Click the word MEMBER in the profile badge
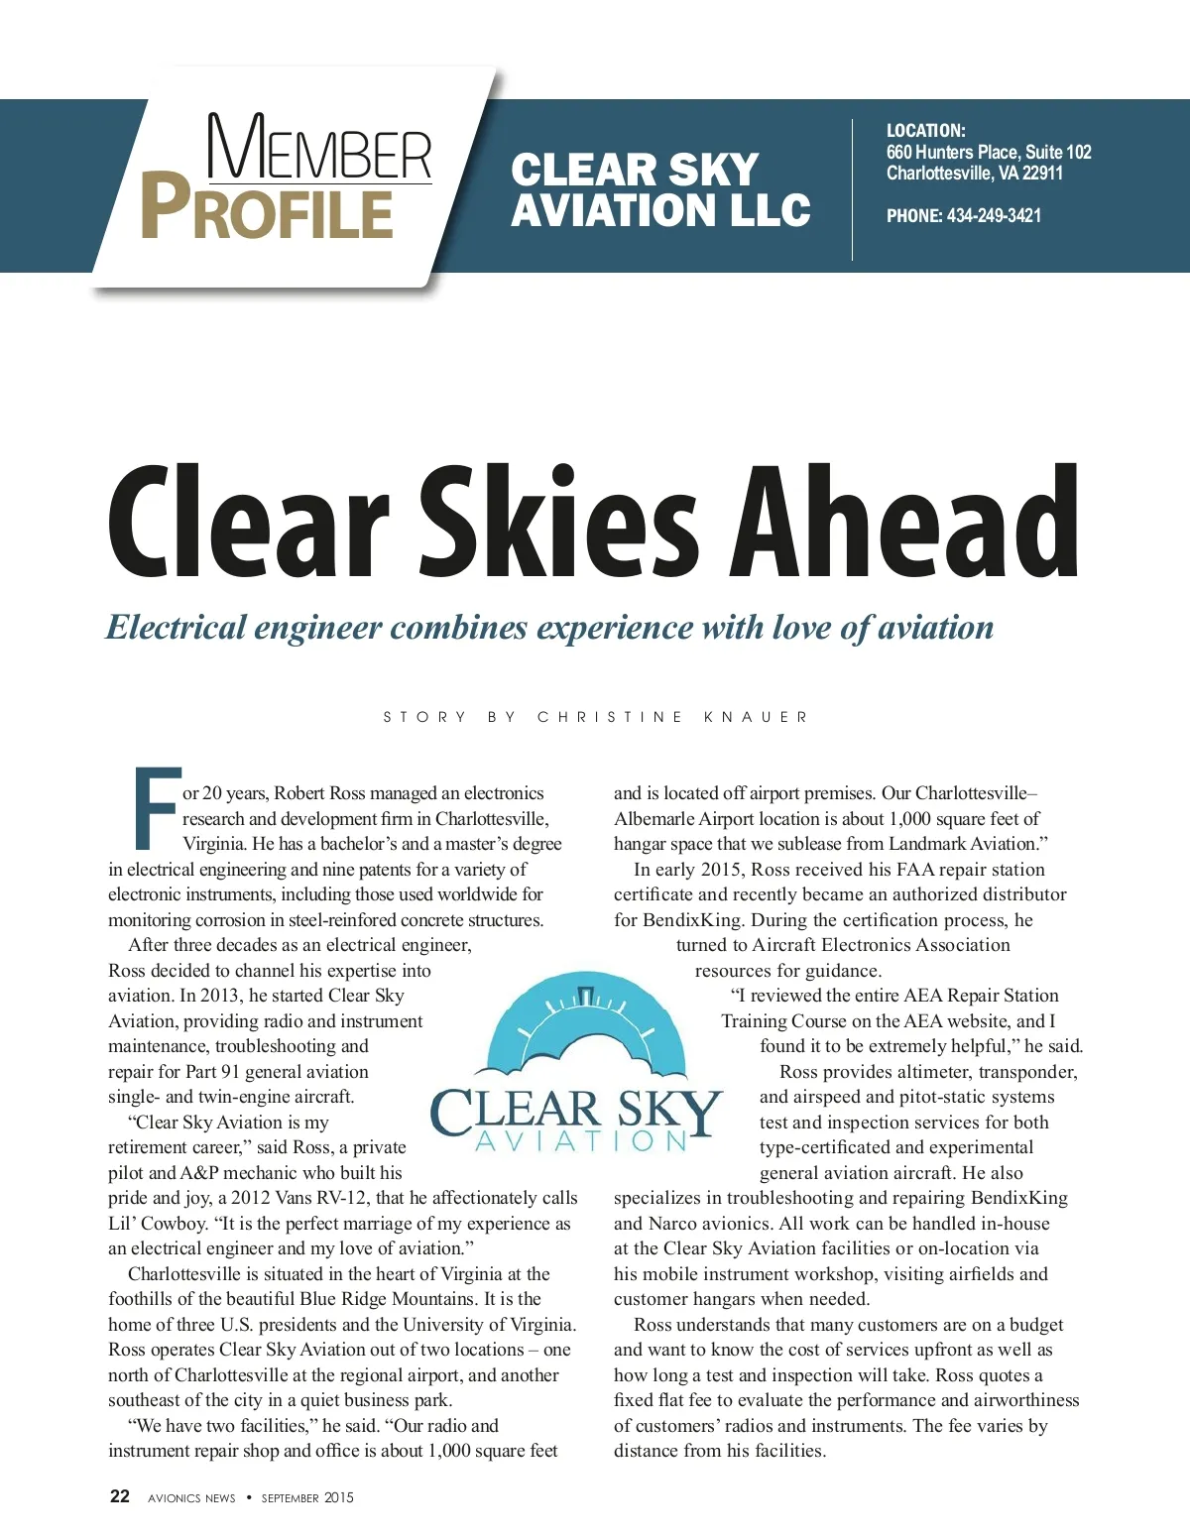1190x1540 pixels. click(x=319, y=148)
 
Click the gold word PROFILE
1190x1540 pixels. click(x=268, y=207)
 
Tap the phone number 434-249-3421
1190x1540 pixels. click(x=994, y=216)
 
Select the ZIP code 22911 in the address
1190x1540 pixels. click(x=1042, y=174)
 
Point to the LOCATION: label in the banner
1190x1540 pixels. click(x=925, y=131)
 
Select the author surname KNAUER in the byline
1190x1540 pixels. click(x=756, y=717)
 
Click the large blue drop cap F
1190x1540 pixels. click(x=156, y=808)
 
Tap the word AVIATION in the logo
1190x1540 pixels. click(x=581, y=1141)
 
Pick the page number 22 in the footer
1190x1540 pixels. click(x=120, y=1496)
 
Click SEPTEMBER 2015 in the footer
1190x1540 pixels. click(x=307, y=1498)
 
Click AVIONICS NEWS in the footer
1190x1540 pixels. click(x=191, y=1498)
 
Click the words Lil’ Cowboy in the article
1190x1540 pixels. click(x=157, y=1224)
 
